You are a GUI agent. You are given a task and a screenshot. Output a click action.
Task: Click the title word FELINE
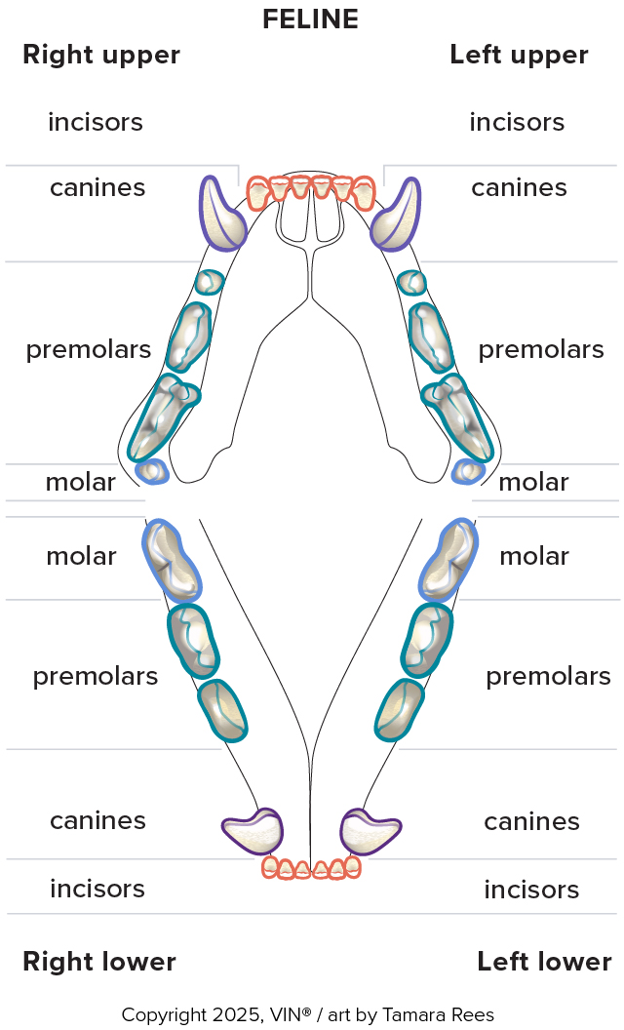coord(310,19)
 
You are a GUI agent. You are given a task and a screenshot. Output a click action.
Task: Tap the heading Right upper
coord(101,55)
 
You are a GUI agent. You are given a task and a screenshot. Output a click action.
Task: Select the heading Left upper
coord(519,55)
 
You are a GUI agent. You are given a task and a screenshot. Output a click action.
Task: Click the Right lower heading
coord(99,962)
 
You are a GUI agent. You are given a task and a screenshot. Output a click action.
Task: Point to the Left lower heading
coord(544,962)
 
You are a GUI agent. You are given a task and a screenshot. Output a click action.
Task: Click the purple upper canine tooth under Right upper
coord(222,214)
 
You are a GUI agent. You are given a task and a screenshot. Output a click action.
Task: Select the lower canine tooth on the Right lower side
coord(253,830)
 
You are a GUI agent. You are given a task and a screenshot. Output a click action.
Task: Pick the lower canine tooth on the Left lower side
coord(370,830)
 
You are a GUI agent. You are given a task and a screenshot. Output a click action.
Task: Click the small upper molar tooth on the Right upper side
coord(152,472)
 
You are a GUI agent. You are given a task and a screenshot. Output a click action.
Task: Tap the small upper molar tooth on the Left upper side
coord(469,472)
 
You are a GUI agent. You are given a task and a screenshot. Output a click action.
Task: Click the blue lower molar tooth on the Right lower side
coord(172,560)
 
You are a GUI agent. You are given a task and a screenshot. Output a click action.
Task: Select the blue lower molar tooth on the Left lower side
coord(448,560)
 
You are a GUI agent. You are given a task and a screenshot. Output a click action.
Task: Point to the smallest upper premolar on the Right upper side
coord(209,283)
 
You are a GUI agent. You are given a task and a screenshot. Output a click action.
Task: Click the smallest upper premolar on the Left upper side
coord(412,283)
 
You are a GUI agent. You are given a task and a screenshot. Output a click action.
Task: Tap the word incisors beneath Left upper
coord(517,122)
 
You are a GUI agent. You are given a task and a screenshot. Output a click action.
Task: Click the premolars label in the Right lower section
coord(96,676)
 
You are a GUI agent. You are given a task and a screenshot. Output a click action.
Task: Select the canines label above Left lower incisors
coord(531,821)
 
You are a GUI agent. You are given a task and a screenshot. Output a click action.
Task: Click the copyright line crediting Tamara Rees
coord(308,1015)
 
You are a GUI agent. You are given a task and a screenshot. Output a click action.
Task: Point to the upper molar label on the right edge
coord(533,482)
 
